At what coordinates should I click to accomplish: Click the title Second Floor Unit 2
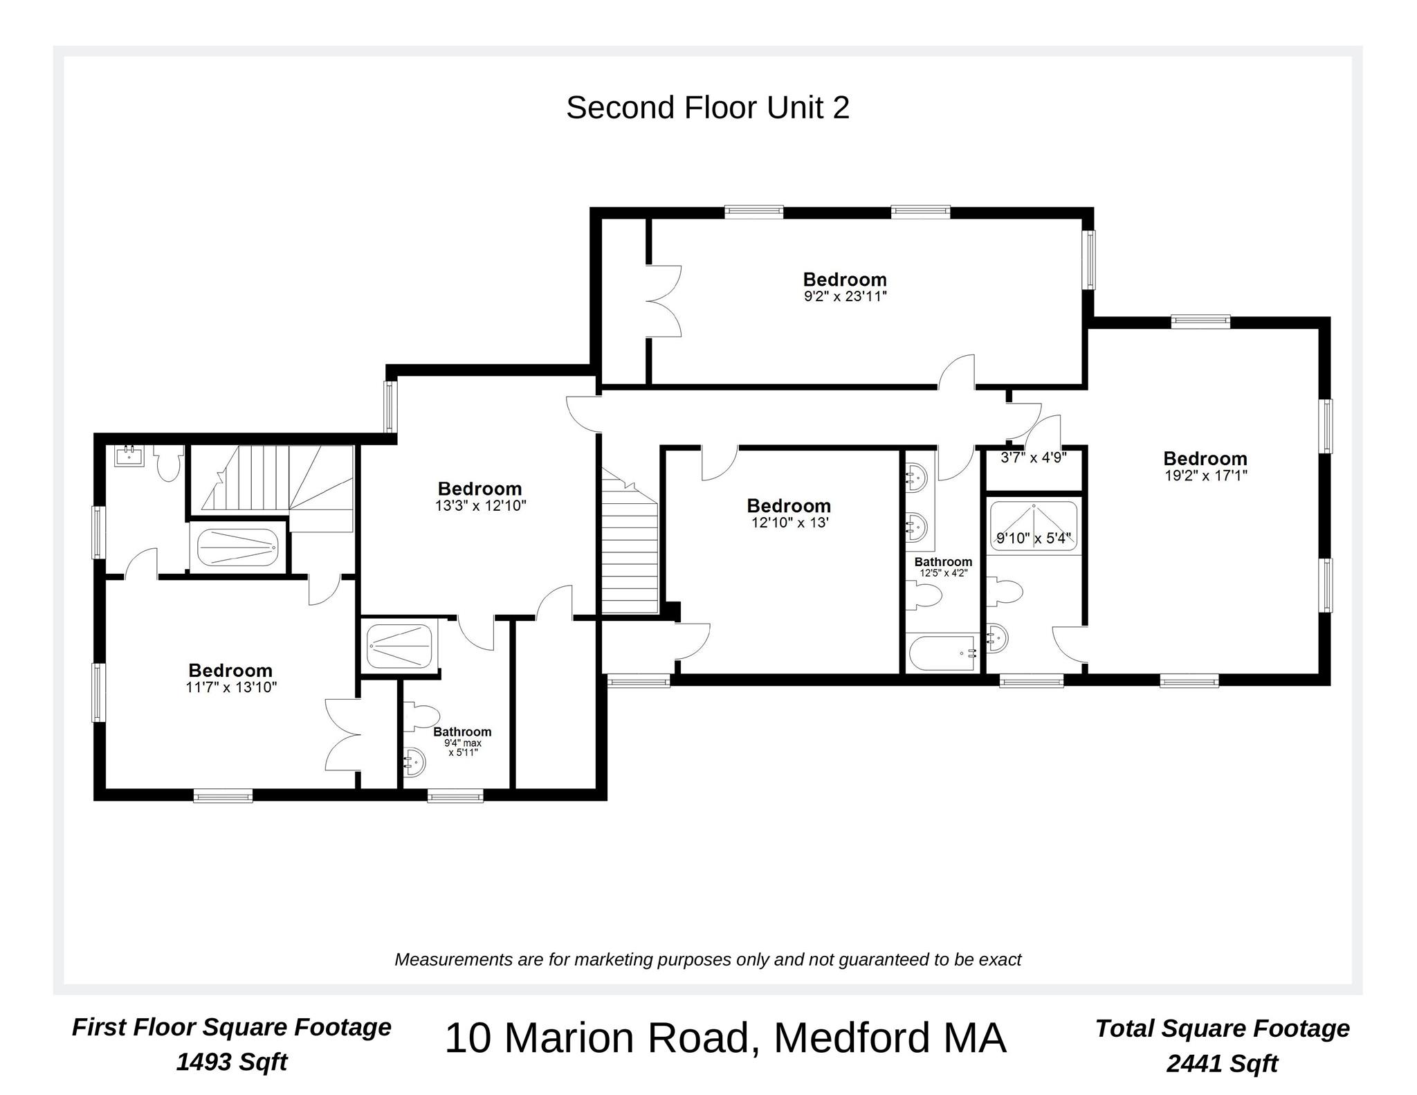click(x=707, y=108)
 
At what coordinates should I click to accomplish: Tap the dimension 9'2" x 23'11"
click(x=845, y=297)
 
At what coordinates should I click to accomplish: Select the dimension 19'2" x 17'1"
click(x=1205, y=476)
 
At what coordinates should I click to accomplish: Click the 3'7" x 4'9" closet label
click(x=1034, y=458)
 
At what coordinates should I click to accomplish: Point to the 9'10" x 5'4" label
click(x=1034, y=538)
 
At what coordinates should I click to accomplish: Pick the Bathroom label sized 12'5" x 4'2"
click(x=943, y=562)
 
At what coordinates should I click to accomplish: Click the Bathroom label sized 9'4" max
click(x=462, y=732)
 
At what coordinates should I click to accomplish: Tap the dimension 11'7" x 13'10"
click(x=231, y=687)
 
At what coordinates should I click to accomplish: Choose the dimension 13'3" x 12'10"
click(x=480, y=506)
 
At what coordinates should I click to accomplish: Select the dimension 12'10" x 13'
click(x=789, y=523)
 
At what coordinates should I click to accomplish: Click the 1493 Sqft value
click(x=231, y=1062)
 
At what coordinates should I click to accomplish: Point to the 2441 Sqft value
click(x=1222, y=1063)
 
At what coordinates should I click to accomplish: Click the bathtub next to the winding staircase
click(x=237, y=548)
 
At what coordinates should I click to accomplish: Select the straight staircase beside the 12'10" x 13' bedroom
click(x=629, y=554)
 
